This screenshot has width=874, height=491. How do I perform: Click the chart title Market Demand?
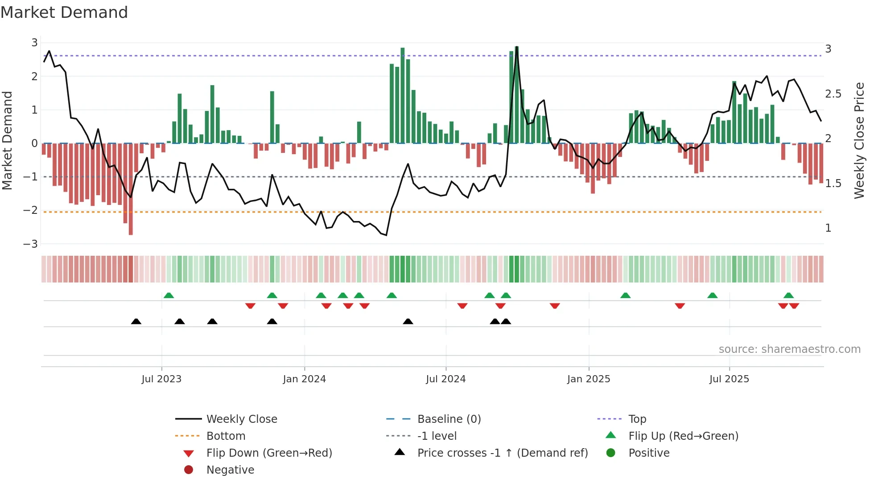[64, 12]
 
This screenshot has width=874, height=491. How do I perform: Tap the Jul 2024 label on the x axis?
[445, 379]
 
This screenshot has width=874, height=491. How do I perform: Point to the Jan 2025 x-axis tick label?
[589, 379]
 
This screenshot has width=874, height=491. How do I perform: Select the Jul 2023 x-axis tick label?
[161, 379]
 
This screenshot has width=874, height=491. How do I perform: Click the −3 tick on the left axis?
[30, 244]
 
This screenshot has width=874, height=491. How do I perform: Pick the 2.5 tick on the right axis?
[833, 94]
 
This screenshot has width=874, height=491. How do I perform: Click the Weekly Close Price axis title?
[859, 140]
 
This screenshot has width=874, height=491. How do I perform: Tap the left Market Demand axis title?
[7, 140]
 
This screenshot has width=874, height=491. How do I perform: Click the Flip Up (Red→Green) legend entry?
[683, 436]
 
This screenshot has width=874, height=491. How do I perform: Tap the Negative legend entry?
[230, 470]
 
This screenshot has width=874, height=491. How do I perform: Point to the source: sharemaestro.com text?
[789, 349]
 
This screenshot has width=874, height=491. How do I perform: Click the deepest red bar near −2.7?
[131, 214]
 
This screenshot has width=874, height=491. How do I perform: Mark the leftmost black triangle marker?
[136, 322]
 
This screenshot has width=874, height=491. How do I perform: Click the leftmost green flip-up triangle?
[169, 295]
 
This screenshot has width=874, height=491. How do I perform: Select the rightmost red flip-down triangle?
[794, 306]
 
